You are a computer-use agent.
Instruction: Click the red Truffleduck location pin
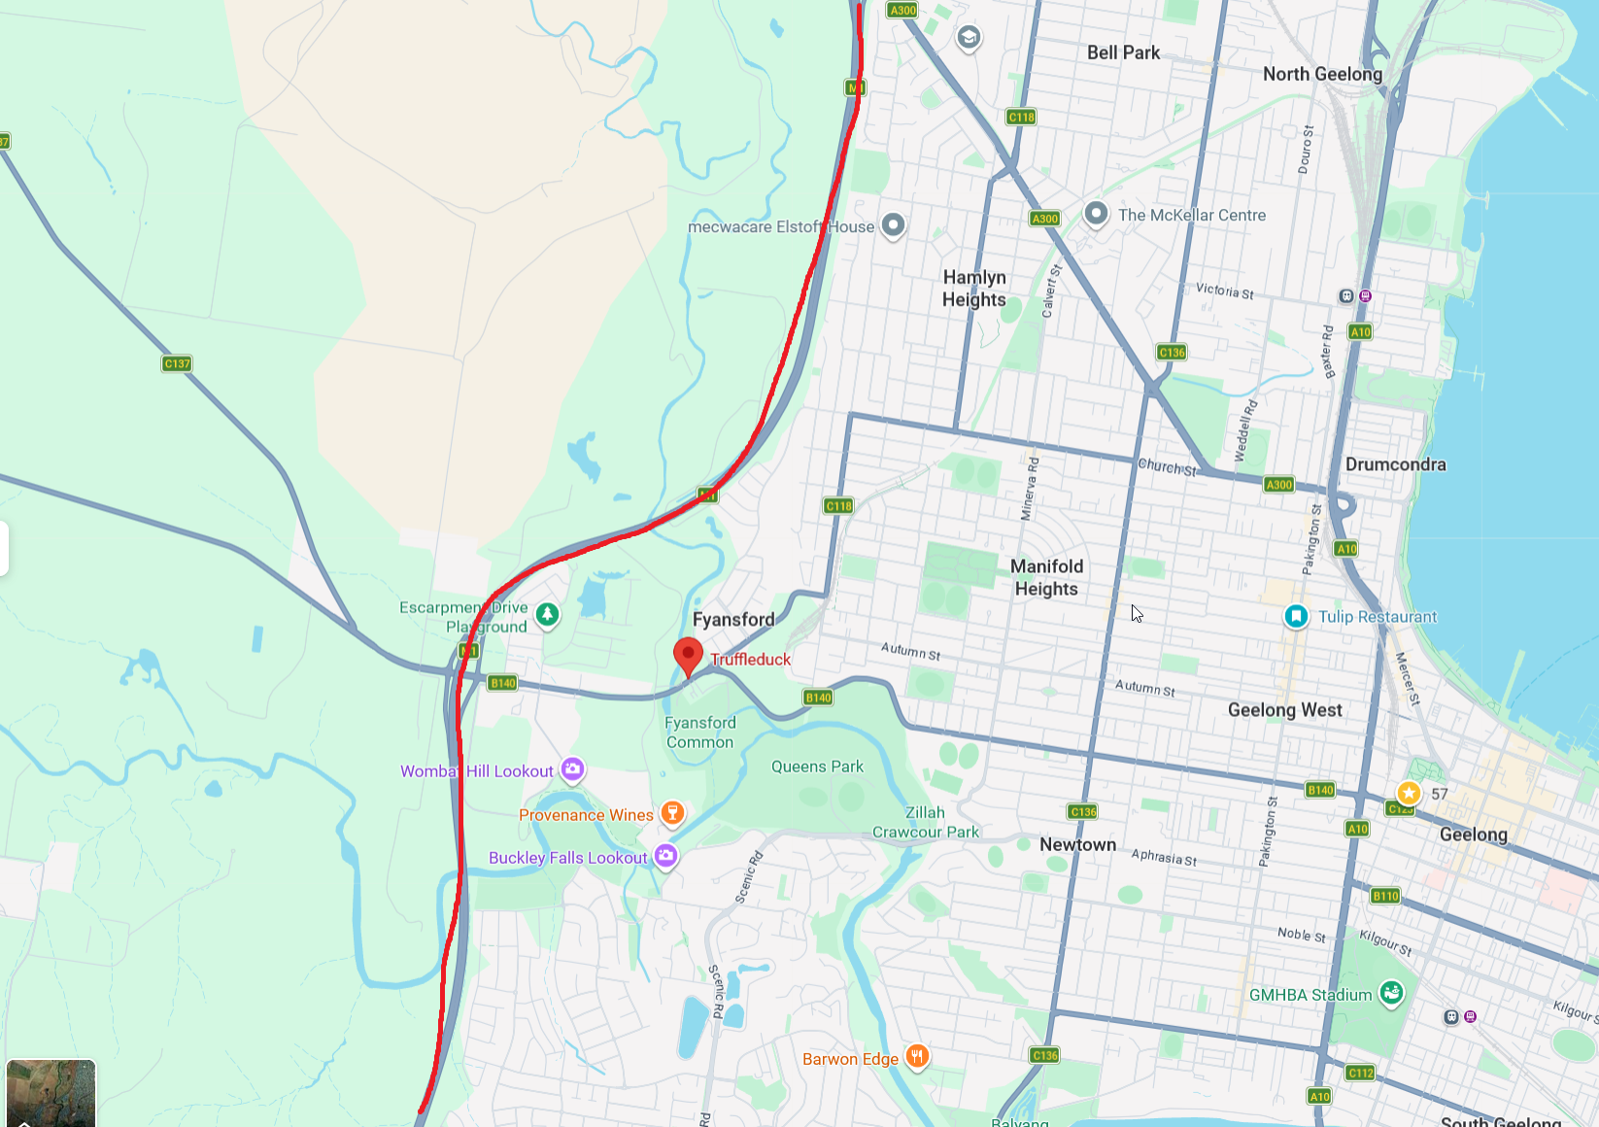click(x=688, y=655)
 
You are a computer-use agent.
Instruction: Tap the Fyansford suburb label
click(x=733, y=620)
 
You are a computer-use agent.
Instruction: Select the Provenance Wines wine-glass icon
click(x=672, y=813)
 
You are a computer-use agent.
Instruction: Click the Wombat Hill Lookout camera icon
click(x=573, y=769)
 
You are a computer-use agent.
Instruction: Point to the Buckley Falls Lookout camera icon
click(x=665, y=856)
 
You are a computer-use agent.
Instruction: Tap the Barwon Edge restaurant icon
click(x=917, y=1057)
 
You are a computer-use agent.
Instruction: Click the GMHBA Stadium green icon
click(x=1391, y=993)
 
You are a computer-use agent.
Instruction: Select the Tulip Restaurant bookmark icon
click(x=1296, y=616)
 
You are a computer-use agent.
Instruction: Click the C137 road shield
click(x=177, y=363)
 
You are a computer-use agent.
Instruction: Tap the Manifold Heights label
click(x=1046, y=577)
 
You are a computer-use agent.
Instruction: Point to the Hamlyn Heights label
click(x=974, y=289)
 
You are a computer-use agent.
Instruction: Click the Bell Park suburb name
click(x=1123, y=52)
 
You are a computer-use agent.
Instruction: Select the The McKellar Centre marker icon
click(x=1096, y=214)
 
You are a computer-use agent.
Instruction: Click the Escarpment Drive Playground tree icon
click(x=548, y=614)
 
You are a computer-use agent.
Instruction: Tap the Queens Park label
click(x=817, y=767)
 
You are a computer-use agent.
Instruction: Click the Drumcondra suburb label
click(x=1395, y=464)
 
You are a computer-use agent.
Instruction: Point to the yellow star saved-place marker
click(x=1409, y=793)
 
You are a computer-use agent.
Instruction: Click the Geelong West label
click(x=1284, y=710)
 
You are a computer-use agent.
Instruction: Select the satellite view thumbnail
click(x=51, y=1093)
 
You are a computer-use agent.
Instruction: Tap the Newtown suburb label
click(x=1077, y=844)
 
